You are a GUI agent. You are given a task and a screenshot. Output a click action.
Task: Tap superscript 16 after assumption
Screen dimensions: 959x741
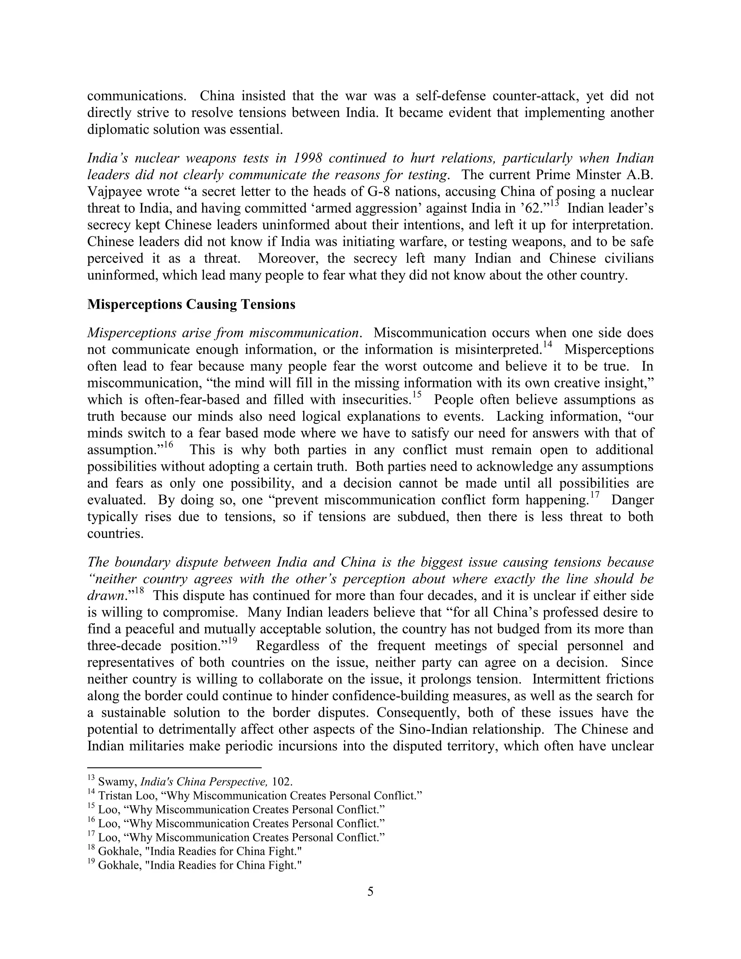(x=169, y=445)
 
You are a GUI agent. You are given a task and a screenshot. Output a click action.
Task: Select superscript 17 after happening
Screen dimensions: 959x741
(x=595, y=495)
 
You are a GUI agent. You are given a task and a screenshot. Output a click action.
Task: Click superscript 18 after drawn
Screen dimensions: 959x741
(x=139, y=591)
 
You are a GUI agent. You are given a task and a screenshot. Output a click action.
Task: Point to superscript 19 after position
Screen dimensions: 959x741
(x=232, y=641)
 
